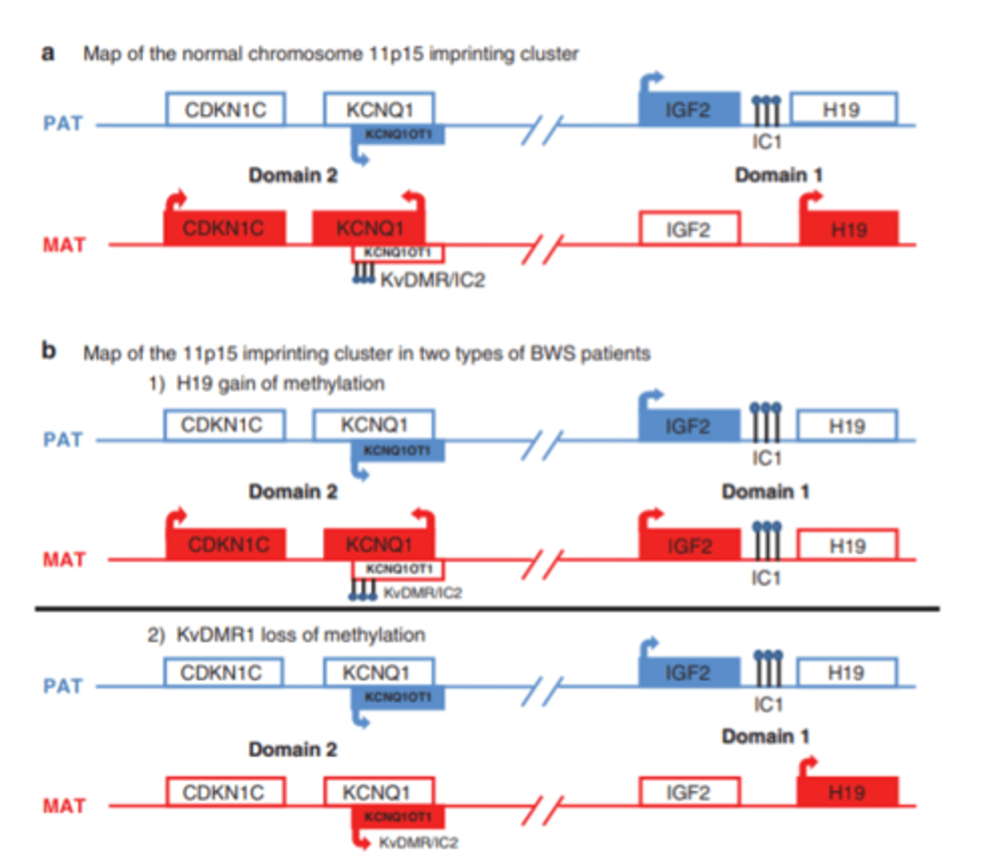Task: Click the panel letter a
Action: [x=48, y=53]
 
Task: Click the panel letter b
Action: [x=48, y=351]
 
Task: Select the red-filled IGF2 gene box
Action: [x=689, y=544]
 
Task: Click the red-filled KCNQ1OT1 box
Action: [x=397, y=816]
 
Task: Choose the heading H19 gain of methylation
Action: [x=280, y=383]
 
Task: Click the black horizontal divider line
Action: [x=487, y=609]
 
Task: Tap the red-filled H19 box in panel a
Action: [x=849, y=229]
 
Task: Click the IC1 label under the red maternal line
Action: [x=766, y=578]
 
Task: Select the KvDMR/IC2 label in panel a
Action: [x=433, y=280]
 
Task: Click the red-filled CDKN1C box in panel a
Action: [x=225, y=228]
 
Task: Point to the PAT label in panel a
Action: [x=63, y=124]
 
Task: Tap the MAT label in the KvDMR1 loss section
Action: [x=64, y=806]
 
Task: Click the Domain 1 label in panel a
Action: [x=778, y=175]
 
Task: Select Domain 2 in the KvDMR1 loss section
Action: [x=292, y=749]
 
